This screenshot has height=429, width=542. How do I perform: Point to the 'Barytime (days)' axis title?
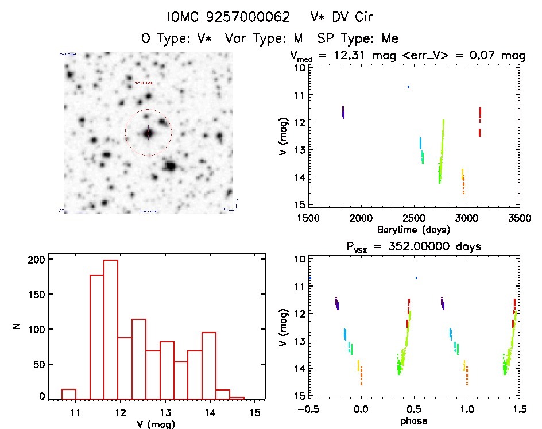pyautogui.click(x=413, y=229)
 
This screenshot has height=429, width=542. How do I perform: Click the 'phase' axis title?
pyautogui.click(x=413, y=420)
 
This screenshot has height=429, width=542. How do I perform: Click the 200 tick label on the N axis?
pyautogui.click(x=37, y=260)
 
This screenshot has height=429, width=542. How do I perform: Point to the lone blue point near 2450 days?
pyautogui.click(x=408, y=87)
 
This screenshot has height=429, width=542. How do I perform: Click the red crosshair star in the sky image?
pyautogui.click(x=148, y=133)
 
